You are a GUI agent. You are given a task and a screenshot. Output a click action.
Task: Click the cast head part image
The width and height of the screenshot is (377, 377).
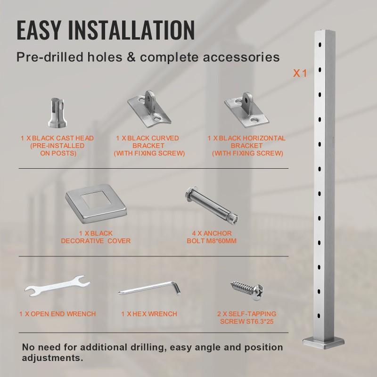[x=57, y=113]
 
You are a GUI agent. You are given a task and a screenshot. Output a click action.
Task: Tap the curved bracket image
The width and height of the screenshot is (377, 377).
[x=149, y=109]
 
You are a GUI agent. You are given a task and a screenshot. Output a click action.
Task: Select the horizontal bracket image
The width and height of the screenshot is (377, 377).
[x=246, y=110]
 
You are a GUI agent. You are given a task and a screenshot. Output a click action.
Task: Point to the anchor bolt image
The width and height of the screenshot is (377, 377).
[x=212, y=205]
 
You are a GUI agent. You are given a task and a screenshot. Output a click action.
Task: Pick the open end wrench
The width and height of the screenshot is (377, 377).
[x=57, y=286]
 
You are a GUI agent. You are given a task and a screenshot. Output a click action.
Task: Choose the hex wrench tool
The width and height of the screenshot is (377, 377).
[x=149, y=288]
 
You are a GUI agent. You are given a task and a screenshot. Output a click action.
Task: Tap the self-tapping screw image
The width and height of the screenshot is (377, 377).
[x=247, y=290]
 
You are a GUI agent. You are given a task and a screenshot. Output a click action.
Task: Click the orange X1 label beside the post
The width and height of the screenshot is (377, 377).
[x=300, y=74]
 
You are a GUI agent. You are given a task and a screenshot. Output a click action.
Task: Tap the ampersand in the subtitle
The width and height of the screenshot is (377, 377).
[x=131, y=57]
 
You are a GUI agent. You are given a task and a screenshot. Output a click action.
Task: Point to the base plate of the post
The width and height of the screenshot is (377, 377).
[x=323, y=343]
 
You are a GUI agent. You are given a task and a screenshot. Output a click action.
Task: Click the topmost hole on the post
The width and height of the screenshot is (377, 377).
[x=320, y=45]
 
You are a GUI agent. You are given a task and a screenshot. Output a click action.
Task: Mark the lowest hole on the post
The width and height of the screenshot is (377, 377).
[x=319, y=316]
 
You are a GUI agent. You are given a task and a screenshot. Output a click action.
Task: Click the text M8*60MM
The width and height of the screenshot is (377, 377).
[x=221, y=241]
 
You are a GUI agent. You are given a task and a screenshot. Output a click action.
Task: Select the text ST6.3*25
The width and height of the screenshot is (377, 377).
[x=260, y=321]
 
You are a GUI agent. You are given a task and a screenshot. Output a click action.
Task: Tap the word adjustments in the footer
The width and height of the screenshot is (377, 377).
[x=52, y=358]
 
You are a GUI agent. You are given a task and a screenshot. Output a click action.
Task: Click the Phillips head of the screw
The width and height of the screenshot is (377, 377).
[x=258, y=293]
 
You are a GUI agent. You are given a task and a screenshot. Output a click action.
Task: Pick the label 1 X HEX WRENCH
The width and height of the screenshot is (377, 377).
[x=149, y=314]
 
